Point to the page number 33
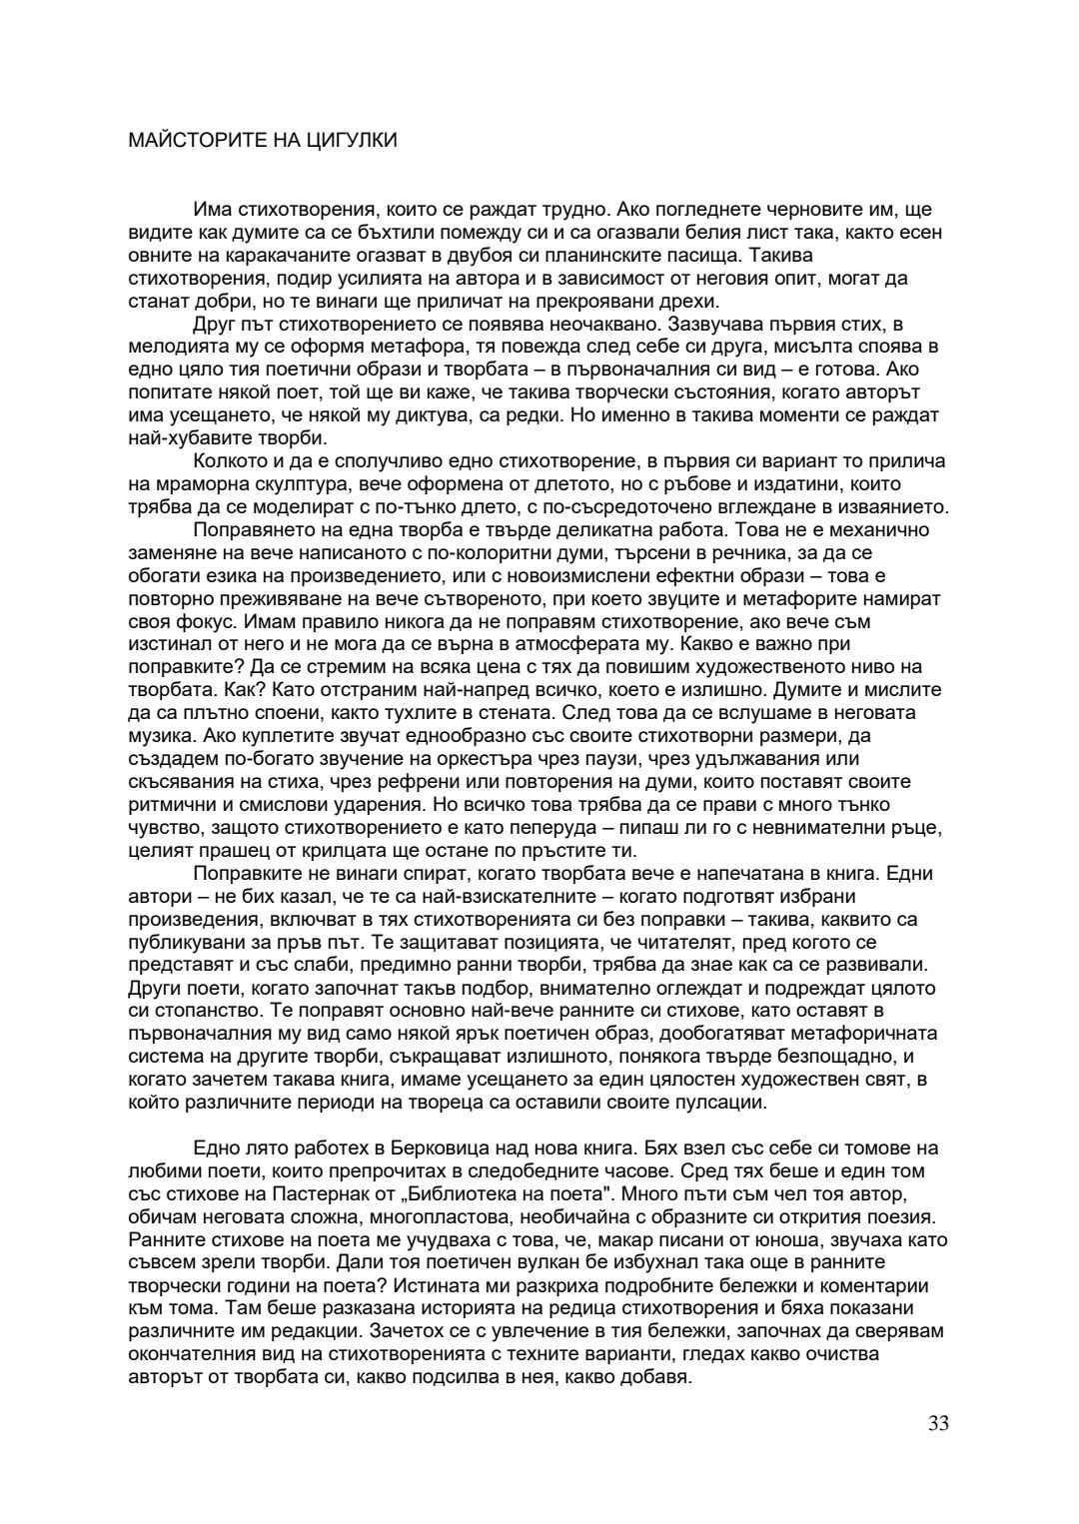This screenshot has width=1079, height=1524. [x=938, y=1423]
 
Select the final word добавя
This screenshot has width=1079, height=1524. [x=656, y=1377]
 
